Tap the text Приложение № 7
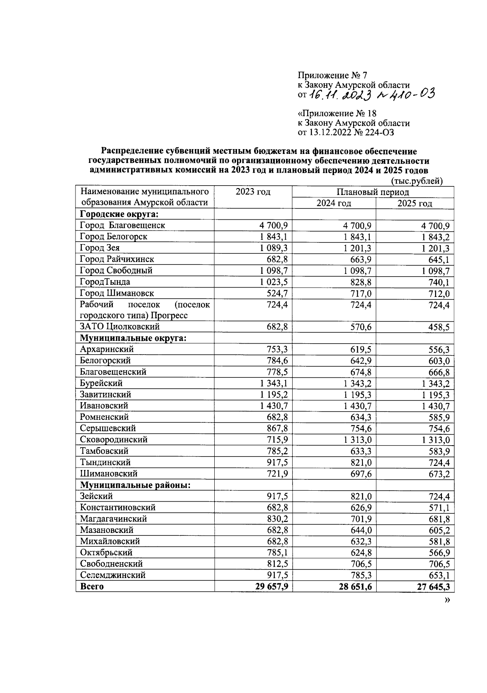coord(332,75)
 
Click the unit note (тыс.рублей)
coord(416,181)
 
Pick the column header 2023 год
coord(253,192)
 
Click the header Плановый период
coord(373,192)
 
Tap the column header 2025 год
coord(414,204)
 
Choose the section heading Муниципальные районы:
coord(135,485)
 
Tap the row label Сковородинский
coord(114,440)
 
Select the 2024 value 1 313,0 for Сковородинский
coord(358,440)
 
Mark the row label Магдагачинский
coord(113,519)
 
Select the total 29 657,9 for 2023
coord(272,587)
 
